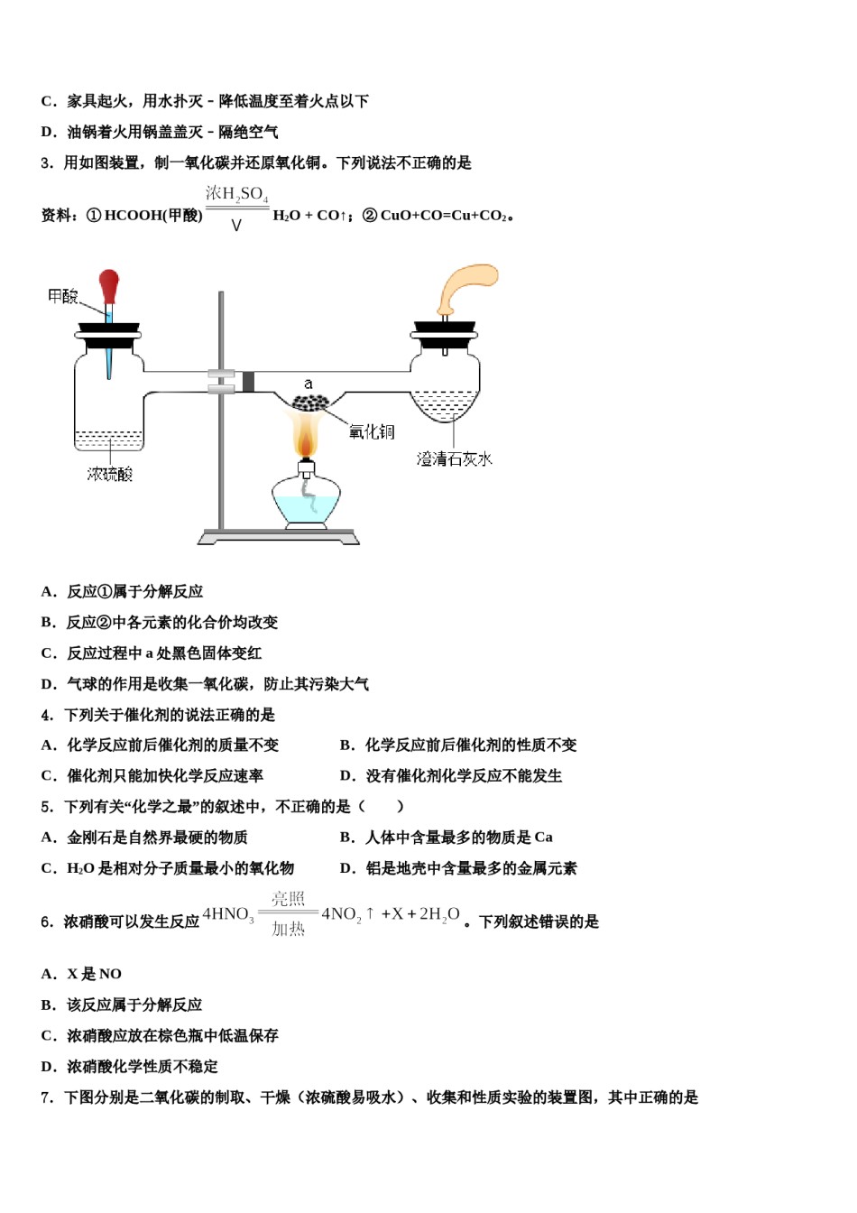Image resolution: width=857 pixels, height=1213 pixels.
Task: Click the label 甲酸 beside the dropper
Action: coord(63,296)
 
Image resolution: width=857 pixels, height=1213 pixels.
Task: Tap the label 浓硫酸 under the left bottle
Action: coord(110,474)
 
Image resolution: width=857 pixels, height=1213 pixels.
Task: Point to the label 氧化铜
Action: coord(372,432)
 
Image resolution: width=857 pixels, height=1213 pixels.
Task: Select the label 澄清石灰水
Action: coord(454,459)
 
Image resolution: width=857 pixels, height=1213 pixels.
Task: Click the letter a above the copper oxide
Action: coord(309,384)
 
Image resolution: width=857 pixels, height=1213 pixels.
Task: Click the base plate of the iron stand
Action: coord(279,538)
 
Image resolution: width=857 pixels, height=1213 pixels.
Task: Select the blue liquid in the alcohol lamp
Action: coord(306,510)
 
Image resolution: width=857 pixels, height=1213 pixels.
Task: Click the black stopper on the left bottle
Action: coord(108,329)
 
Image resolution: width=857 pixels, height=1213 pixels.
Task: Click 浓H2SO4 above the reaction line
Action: coord(236,193)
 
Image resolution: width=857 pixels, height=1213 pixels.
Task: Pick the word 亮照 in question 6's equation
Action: coord(289,899)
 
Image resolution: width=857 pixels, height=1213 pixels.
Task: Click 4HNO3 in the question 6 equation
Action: coord(228,914)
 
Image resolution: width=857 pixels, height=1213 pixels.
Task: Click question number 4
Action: coord(46,715)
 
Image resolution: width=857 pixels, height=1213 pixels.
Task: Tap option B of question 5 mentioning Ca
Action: coord(446,838)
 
